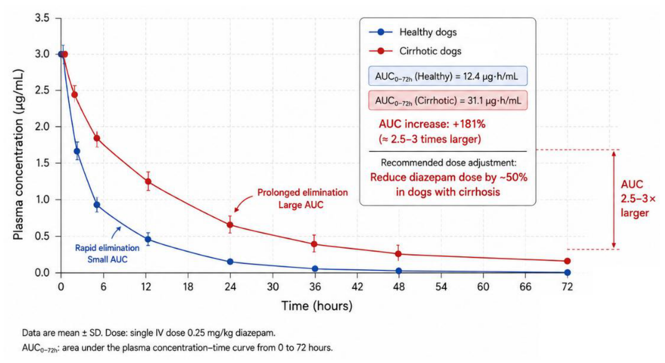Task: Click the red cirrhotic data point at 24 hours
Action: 230,225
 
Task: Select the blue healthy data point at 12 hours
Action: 147,239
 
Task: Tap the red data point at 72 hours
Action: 567,261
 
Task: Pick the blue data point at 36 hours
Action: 315,269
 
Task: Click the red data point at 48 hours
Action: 398,254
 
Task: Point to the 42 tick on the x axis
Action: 357,287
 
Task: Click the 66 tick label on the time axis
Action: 525,287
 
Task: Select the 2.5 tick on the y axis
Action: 42,90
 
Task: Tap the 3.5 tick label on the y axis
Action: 42,18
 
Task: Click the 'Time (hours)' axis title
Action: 317,306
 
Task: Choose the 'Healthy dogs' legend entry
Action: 413,32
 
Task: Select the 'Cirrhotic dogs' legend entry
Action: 415,51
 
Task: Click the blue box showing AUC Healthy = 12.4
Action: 448,76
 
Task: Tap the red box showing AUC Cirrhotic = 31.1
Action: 448,100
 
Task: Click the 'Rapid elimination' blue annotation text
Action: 107,248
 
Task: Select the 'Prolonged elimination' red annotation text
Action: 303,192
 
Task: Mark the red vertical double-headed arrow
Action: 614,199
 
